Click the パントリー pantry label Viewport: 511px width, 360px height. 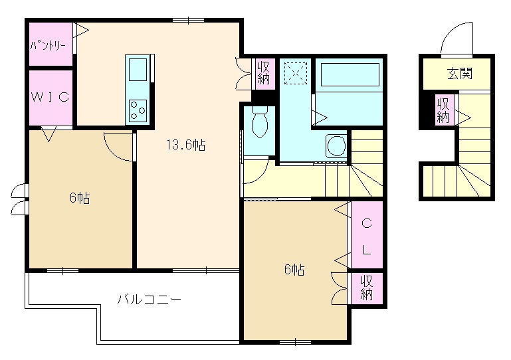(x=48, y=45)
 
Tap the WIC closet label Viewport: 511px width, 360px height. (x=51, y=97)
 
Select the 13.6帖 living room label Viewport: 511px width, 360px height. (x=186, y=144)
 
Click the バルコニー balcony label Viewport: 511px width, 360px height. (x=149, y=299)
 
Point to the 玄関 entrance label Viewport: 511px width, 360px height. (x=460, y=73)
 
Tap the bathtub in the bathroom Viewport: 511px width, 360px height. (x=350, y=74)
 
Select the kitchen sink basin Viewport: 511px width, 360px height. (x=138, y=69)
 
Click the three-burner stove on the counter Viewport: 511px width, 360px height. (x=138, y=111)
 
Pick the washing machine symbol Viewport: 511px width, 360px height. (x=336, y=145)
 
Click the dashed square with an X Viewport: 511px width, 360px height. (x=296, y=73)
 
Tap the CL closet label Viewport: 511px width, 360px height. (x=367, y=236)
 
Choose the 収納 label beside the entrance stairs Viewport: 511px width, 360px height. (x=443, y=110)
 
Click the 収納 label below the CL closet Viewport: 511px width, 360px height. (x=367, y=288)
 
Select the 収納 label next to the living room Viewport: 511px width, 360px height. (x=264, y=73)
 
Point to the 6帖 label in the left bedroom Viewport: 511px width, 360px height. (x=80, y=198)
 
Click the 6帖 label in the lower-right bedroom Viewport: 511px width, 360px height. (x=294, y=270)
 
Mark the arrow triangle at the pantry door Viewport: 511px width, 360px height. (x=82, y=31)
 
